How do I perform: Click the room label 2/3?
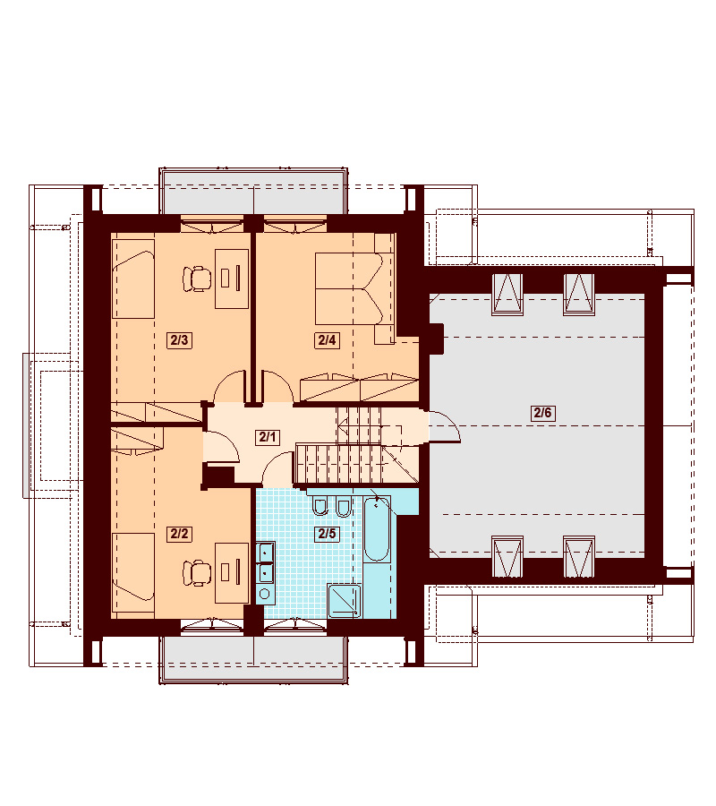[x=179, y=340]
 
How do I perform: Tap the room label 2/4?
[x=327, y=340]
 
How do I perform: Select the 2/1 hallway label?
[x=267, y=437]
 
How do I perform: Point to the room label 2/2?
[x=179, y=534]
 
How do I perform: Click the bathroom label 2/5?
[x=327, y=534]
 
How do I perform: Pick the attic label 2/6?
[x=543, y=412]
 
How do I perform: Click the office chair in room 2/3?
[x=197, y=279]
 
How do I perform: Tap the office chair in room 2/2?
[x=197, y=572]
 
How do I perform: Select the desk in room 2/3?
[x=232, y=279]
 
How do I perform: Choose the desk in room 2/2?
[x=232, y=572]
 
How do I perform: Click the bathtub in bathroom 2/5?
[x=377, y=528]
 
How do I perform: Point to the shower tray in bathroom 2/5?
[x=345, y=600]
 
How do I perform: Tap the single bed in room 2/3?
[x=133, y=279]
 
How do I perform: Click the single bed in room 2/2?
[x=133, y=573]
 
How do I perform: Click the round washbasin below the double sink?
[x=265, y=595]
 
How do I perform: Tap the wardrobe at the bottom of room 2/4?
[x=360, y=388]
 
